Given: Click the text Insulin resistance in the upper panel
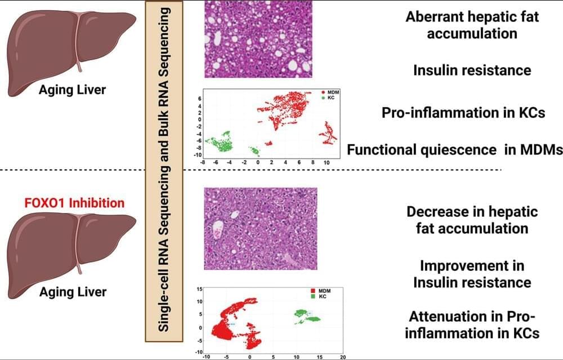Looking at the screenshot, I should tap(472, 70).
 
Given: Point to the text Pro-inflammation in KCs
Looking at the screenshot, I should tap(463, 112).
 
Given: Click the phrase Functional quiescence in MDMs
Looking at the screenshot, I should tap(455, 150).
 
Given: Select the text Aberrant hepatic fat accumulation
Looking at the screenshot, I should tap(472, 25).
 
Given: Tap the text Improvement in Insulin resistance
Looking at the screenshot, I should tap(472, 273).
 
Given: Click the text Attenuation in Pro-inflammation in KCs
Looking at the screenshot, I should tap(472, 324).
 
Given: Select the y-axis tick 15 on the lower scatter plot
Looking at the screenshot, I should tap(199, 289).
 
